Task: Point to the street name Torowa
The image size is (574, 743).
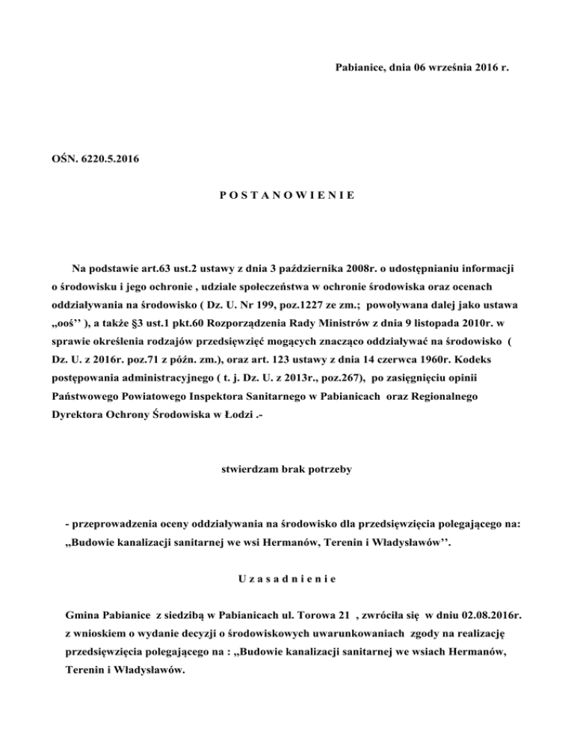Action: pos(304,614)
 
